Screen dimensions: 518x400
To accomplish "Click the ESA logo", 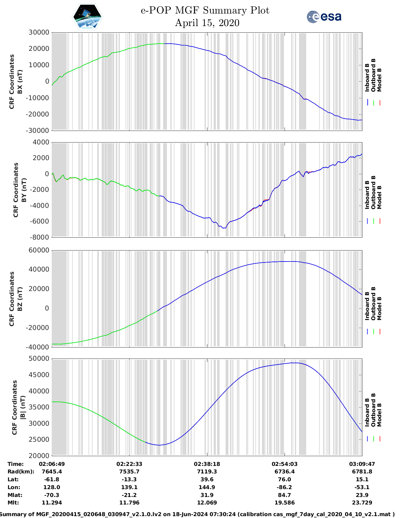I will (x=324, y=17).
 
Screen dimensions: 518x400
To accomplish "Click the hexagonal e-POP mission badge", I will (x=87, y=17).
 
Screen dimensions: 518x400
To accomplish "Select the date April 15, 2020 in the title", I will (x=207, y=23).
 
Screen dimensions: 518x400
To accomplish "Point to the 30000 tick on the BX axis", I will (x=39, y=32).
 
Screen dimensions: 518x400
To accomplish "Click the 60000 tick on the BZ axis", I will (x=39, y=250).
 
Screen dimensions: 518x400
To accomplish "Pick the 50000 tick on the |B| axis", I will (x=39, y=359).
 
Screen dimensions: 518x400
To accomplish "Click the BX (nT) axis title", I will (x=20, y=82).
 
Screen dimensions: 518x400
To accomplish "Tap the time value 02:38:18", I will (x=207, y=464).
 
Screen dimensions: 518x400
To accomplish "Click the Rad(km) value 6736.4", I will (x=285, y=472).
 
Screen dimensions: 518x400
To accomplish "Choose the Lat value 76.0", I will (x=285, y=479).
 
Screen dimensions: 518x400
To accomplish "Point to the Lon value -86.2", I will (x=285, y=487).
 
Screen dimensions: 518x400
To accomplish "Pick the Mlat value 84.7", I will (x=285, y=495).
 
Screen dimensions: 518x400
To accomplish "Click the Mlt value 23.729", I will (x=362, y=503).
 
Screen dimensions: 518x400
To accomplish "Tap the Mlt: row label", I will (x=13, y=503).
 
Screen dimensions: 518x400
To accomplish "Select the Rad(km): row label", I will (x=21, y=472).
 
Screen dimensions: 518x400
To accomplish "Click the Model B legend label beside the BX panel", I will (x=379, y=80).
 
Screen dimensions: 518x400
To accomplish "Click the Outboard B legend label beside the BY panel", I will (x=373, y=192).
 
